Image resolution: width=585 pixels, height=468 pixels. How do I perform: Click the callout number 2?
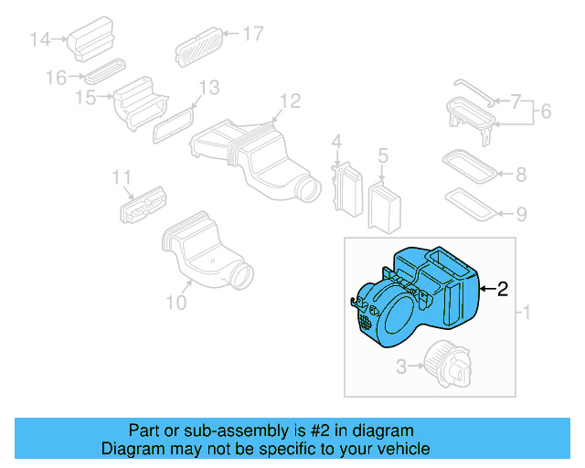(x=502, y=290)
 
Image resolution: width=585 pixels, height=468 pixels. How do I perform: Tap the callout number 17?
(x=252, y=34)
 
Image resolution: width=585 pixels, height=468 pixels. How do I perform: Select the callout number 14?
(x=39, y=38)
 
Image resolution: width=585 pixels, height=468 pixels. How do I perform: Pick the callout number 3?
(x=400, y=367)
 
